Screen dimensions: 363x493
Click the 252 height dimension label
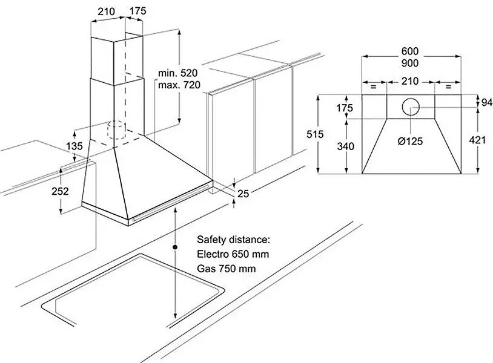(60, 191)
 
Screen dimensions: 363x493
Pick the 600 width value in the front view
(410, 51)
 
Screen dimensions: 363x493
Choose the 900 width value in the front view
(410, 63)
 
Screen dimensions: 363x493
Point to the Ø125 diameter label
(410, 141)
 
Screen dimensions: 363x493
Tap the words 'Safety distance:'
(230, 240)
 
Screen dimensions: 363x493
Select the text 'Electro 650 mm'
(233, 254)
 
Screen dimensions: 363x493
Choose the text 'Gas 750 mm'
(226, 268)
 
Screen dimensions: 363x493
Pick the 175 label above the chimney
(137, 11)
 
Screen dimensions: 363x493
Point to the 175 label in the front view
(344, 108)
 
